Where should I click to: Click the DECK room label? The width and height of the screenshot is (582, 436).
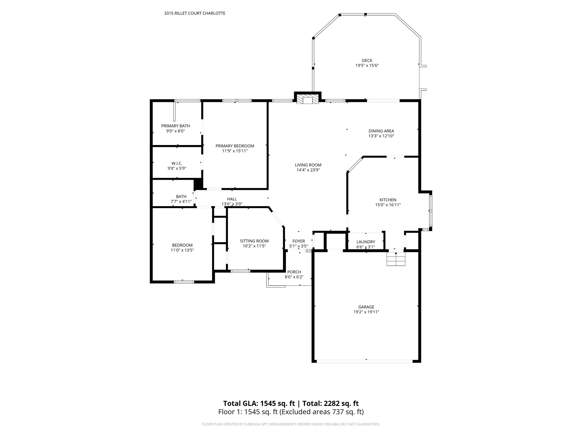367,60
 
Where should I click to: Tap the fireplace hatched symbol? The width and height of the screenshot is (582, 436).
307,99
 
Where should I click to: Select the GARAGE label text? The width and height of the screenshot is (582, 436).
366,307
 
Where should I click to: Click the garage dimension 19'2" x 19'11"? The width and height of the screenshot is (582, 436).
366,312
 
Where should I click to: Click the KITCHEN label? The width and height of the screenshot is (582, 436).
388,200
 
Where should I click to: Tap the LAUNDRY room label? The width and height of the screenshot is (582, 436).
366,242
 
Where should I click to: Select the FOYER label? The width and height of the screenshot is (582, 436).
299,241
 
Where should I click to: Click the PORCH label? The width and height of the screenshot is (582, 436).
294,272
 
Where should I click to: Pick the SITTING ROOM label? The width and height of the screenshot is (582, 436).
254,241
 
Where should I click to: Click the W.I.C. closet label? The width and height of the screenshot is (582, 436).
177,163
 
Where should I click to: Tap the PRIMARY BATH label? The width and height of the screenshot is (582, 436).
176,126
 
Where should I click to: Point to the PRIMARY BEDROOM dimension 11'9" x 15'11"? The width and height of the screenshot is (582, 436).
235,151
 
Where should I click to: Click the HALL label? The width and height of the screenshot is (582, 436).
232,199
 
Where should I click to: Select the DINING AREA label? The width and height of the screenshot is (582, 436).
381,131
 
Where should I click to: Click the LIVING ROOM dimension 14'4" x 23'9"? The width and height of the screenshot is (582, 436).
308,170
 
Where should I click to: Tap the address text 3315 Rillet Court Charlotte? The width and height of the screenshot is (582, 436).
195,13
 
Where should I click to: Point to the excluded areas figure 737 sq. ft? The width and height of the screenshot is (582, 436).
348,412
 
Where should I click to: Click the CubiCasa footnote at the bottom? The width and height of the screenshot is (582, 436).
291,424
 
